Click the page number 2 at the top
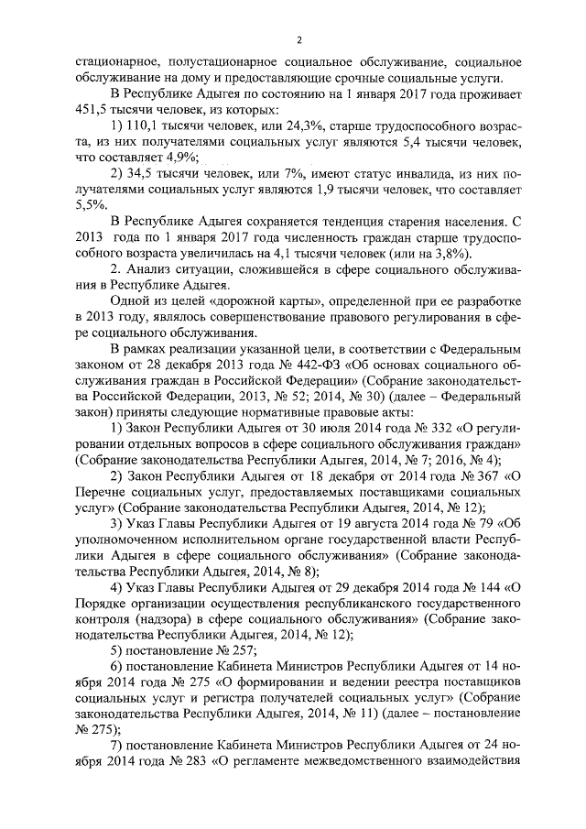pyautogui.click(x=298, y=39)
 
